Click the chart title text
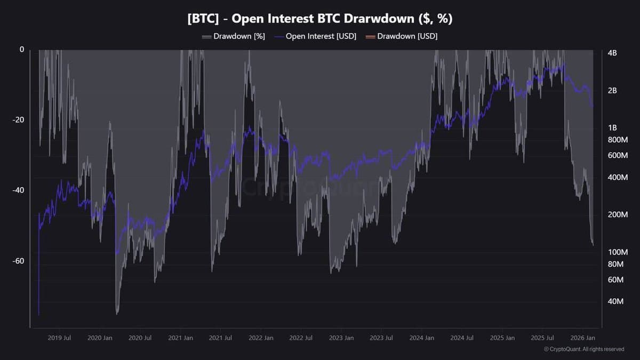319,19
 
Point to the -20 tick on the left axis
18,120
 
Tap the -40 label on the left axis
18,190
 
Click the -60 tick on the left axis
18,261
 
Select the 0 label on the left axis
22,50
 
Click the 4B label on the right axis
612,53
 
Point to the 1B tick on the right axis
612,128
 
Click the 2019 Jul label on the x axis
60,338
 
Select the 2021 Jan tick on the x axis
180,338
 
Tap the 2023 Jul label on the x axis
381,338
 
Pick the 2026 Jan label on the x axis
583,338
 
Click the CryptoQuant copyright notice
583,349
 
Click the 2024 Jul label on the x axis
462,338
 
